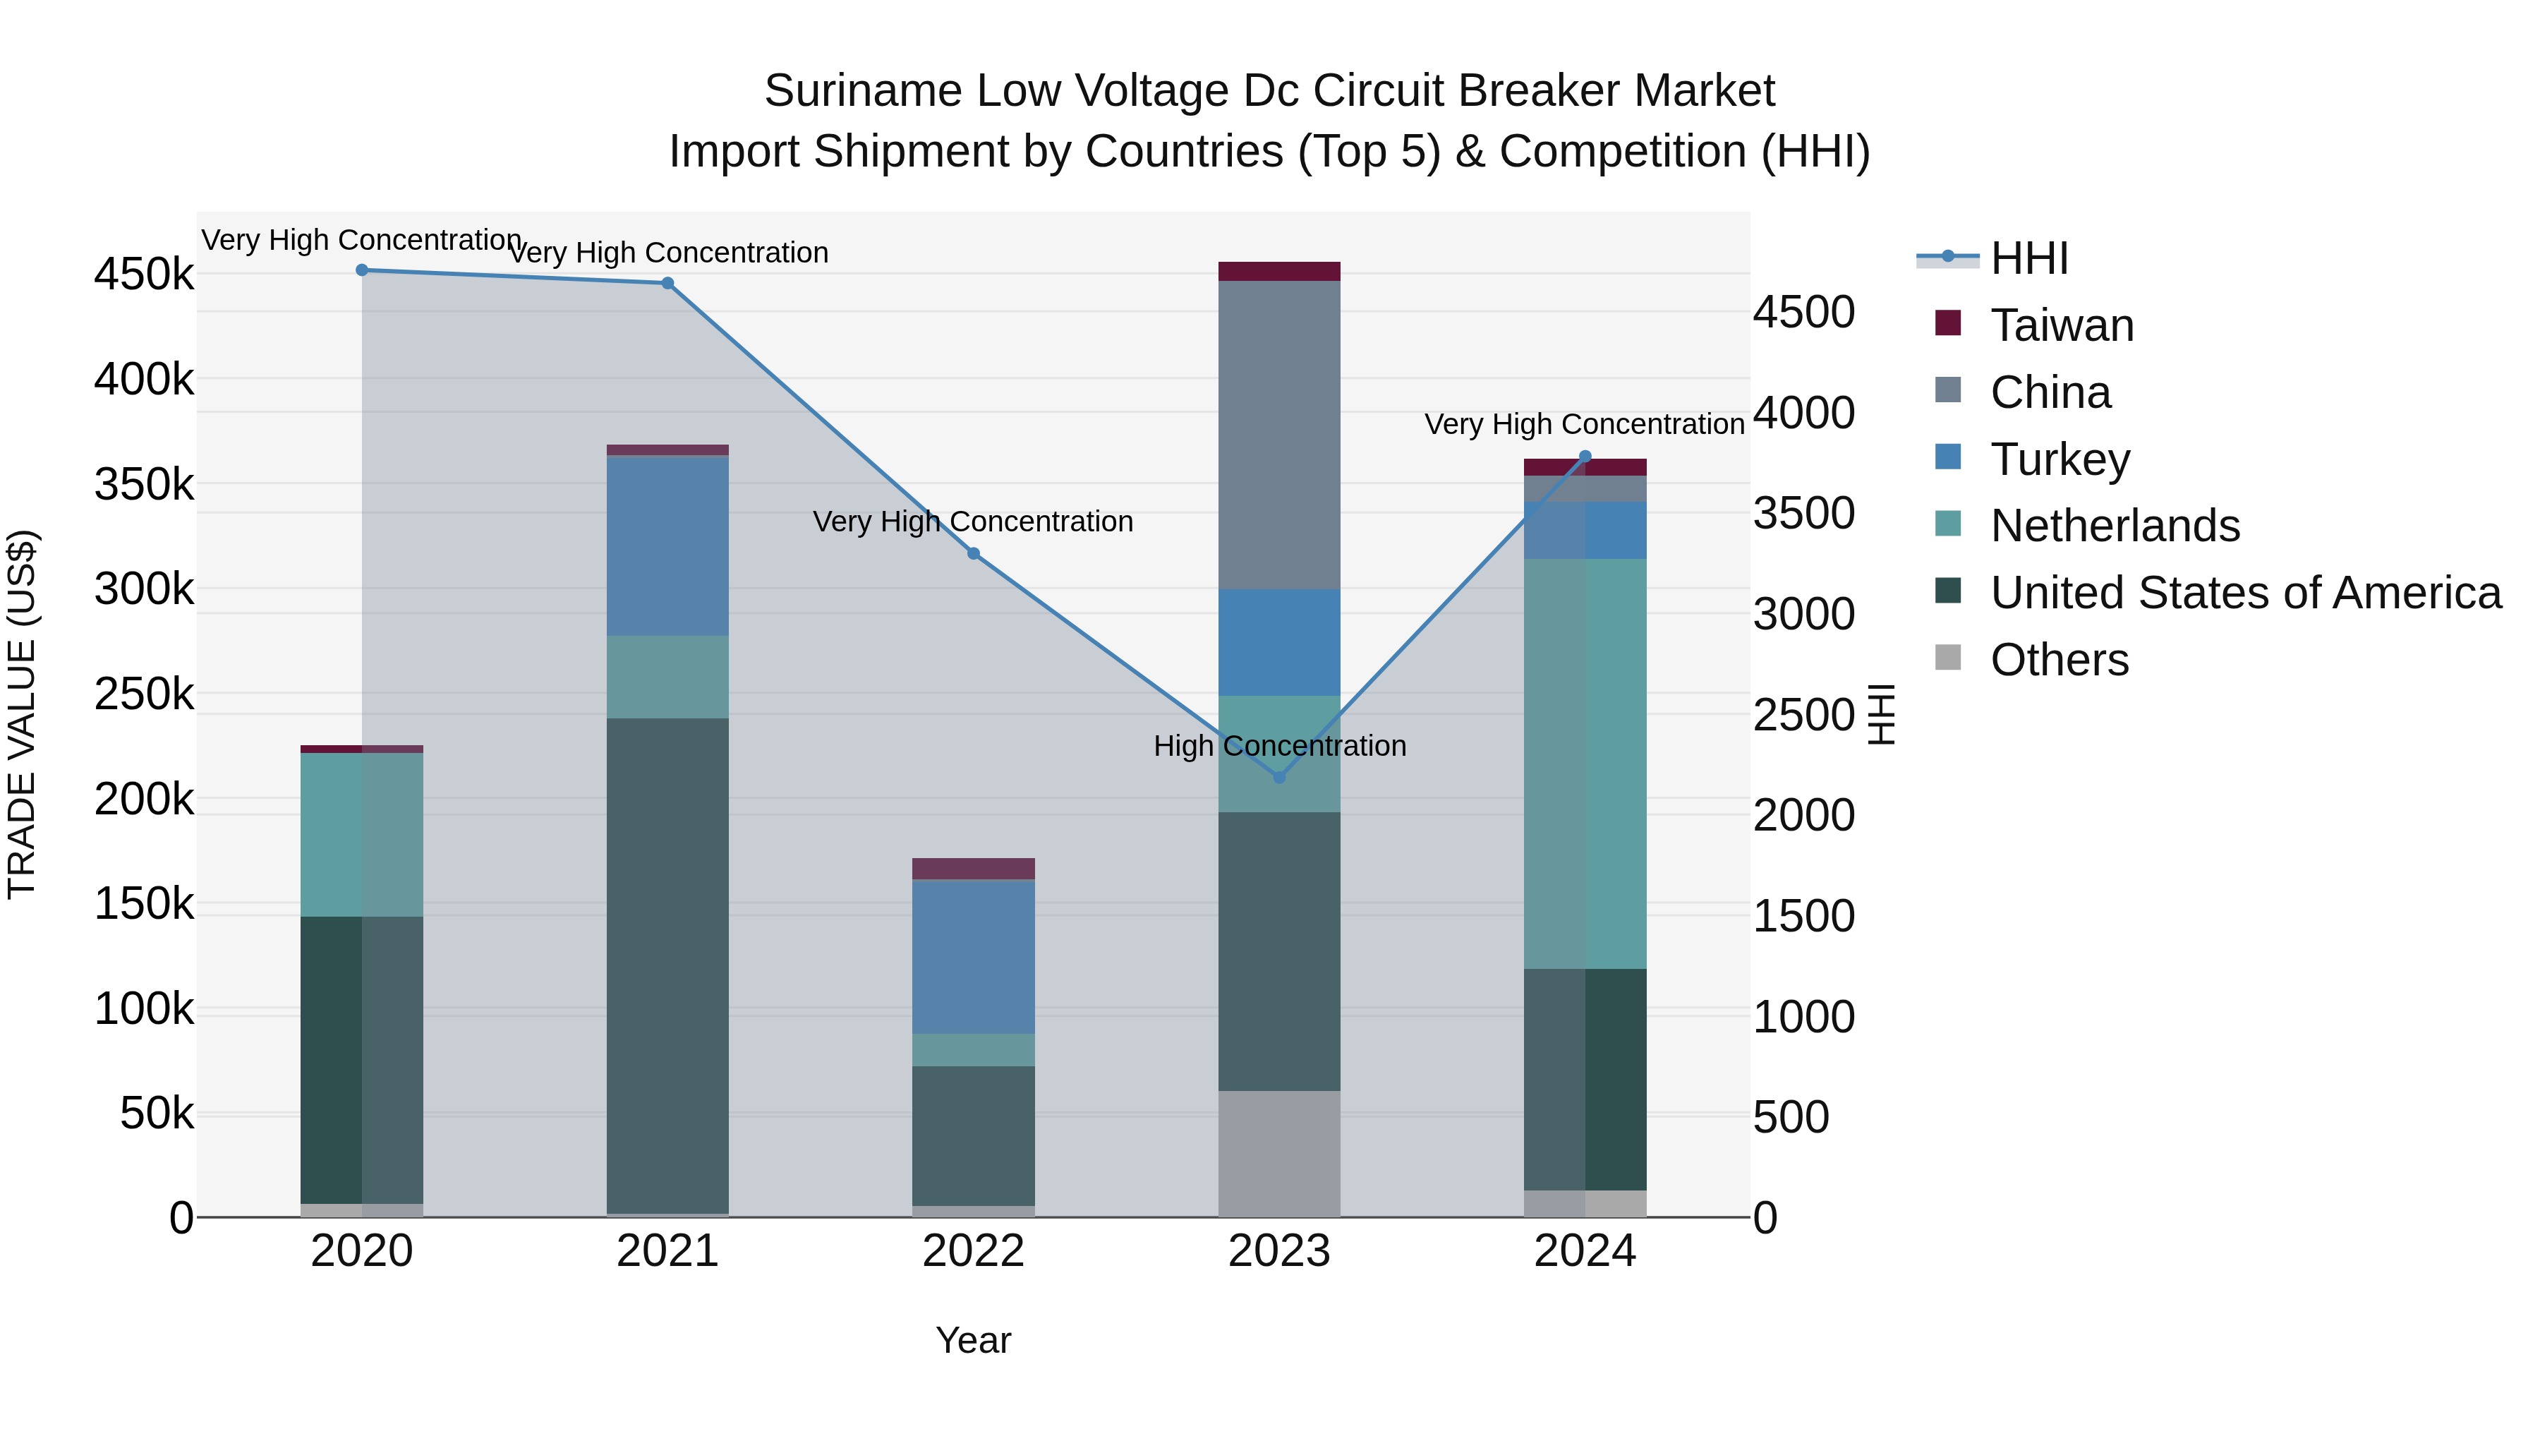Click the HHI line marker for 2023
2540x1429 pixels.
[1279, 777]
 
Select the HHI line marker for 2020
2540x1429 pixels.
[362, 270]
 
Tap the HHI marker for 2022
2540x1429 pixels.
[973, 553]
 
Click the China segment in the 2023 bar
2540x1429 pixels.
[1279, 434]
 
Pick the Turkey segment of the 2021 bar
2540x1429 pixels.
[667, 545]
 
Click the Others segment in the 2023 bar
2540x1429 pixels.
[1279, 1153]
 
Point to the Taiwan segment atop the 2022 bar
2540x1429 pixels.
[973, 868]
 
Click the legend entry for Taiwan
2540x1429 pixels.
[2061, 325]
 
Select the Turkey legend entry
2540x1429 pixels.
[2059, 459]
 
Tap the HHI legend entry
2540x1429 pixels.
[2028, 258]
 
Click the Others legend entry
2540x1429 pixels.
[2059, 660]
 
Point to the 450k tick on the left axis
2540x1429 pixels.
[144, 275]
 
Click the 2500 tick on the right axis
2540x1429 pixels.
[1803, 715]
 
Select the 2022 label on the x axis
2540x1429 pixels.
[973, 1250]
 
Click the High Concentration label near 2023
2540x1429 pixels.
[1279, 746]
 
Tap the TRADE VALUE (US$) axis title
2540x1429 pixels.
[22, 714]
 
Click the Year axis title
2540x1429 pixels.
[973, 1340]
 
